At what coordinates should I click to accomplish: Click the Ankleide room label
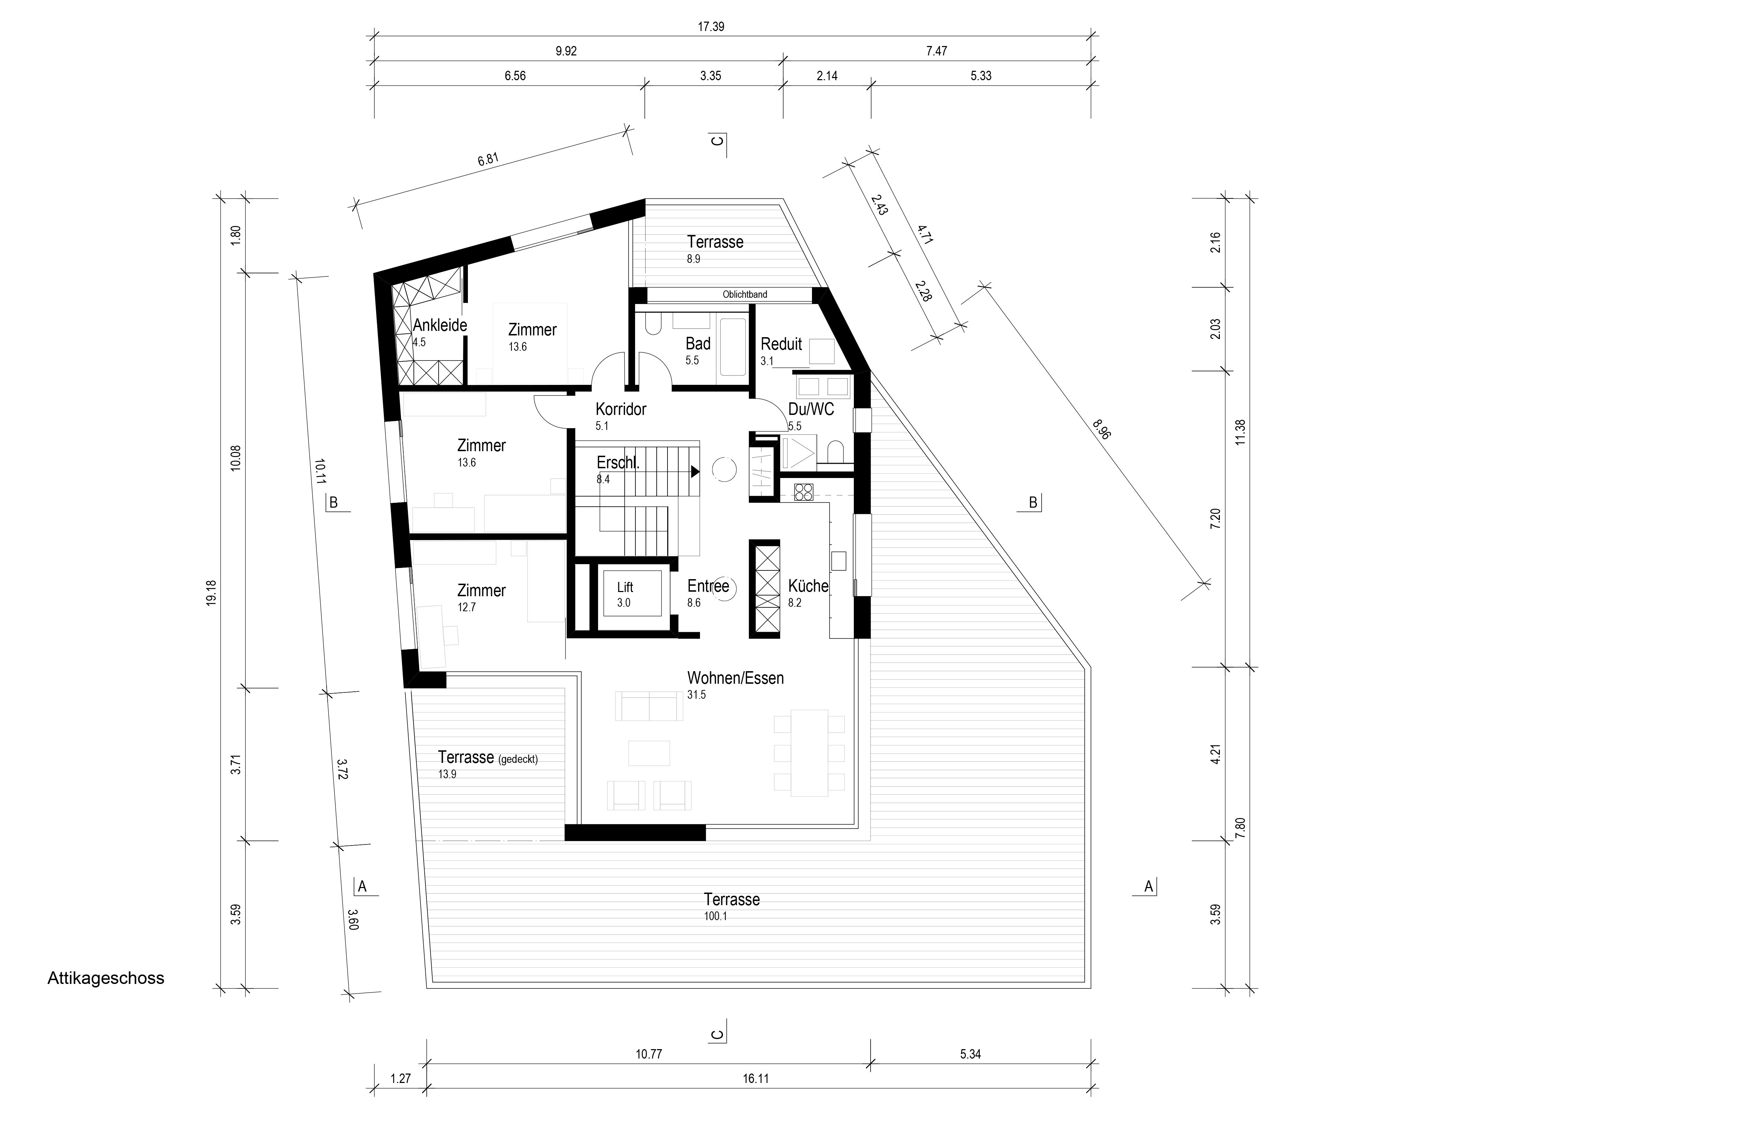440,325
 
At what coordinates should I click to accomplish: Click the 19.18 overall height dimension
211,592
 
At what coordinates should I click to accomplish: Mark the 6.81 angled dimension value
489,160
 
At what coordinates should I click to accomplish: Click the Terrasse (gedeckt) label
488,758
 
